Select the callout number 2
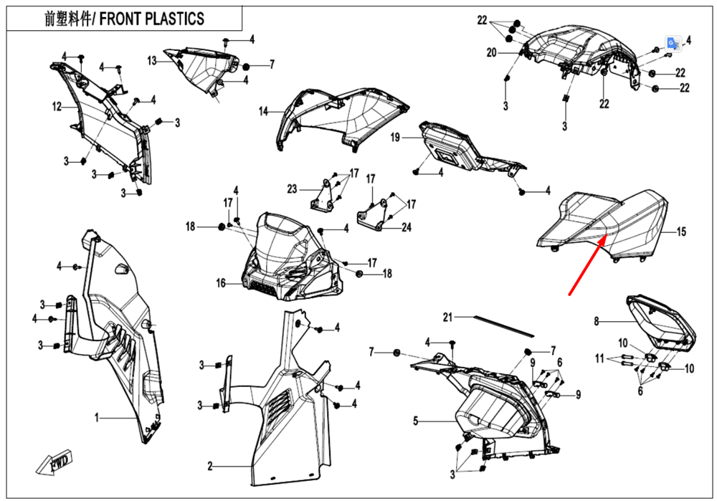tap(210, 467)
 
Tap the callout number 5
tap(415, 421)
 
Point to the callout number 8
tap(596, 322)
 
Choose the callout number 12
tap(57, 108)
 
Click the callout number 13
tap(152, 62)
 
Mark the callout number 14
tap(263, 111)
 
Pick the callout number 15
tap(681, 232)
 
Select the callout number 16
tap(222, 284)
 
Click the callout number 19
tap(395, 138)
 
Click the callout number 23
tap(292, 189)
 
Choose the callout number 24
tap(407, 229)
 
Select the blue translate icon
tap(671, 43)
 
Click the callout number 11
tap(599, 358)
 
